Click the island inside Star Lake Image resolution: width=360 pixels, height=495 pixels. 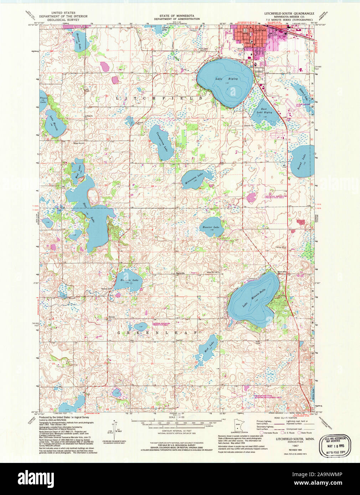pos(94,196)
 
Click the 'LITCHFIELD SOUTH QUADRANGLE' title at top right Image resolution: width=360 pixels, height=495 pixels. pos(289,13)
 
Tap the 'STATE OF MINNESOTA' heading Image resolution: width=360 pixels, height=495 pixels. pos(177,16)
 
